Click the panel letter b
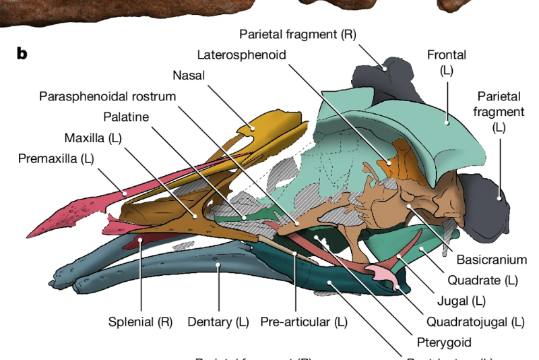coord(22,54)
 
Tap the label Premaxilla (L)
coord(57,160)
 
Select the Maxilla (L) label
coord(94,139)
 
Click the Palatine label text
coord(126,117)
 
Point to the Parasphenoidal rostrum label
coord(107,96)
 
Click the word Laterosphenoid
coord(242,54)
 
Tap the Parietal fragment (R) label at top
coord(297,34)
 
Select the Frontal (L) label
coord(446,62)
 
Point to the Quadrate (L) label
coord(482,280)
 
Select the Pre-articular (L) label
coord(304,322)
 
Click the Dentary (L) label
coord(218,322)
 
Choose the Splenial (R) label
coord(141,322)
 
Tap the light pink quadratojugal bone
coord(382,274)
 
